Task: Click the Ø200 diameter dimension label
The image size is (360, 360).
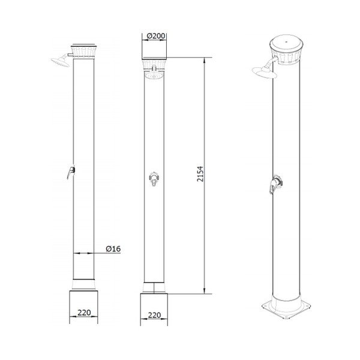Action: click(155, 36)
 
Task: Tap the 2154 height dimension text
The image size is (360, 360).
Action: click(200, 174)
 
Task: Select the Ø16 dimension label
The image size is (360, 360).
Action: click(113, 248)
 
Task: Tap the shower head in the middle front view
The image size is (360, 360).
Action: click(154, 76)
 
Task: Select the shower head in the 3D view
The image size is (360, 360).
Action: click(264, 73)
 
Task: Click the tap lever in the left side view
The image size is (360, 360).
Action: click(71, 172)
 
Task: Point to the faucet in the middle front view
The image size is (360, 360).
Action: click(154, 178)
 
